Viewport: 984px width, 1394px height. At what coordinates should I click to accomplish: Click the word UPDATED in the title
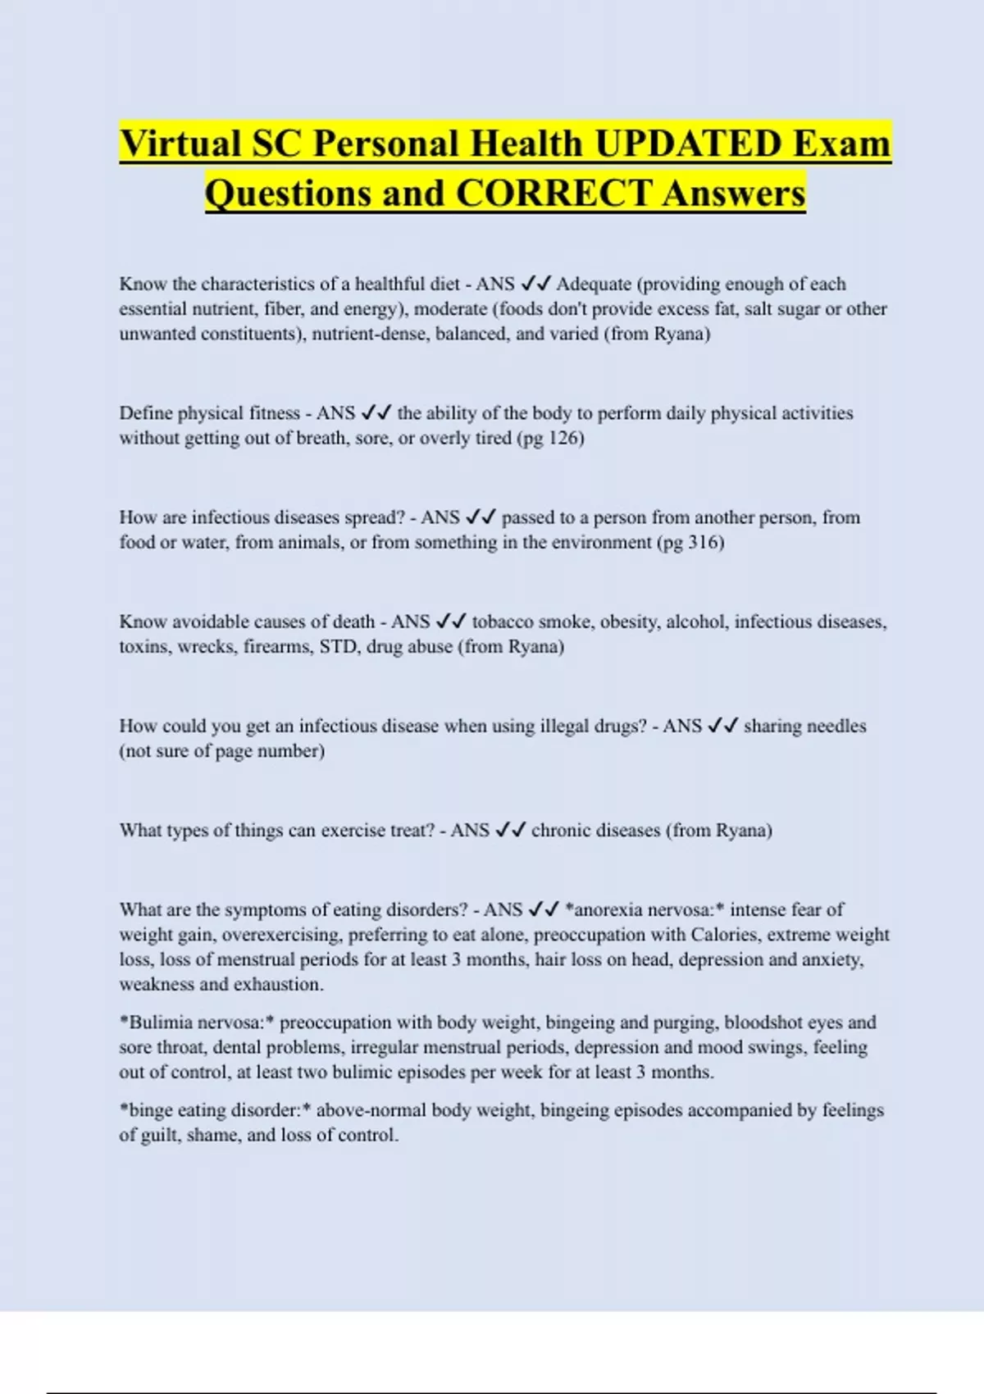(x=688, y=144)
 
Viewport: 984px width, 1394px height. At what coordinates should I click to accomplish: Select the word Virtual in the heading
(x=180, y=144)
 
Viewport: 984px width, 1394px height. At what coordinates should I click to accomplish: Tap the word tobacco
(x=502, y=622)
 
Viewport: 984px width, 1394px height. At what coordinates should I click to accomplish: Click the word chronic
(x=560, y=830)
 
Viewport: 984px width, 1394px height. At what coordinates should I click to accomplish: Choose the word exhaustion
(x=279, y=984)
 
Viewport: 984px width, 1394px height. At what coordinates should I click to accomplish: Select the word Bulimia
(x=160, y=1023)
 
